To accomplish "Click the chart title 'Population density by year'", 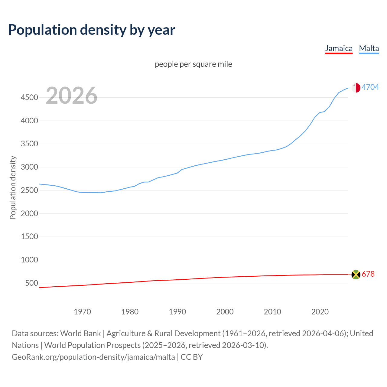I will (92, 30).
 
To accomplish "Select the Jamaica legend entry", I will (339, 48).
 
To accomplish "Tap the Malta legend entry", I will (369, 48).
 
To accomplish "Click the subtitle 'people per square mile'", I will (193, 64).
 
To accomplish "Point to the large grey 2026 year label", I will (72, 96).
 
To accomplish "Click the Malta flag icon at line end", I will (356, 88).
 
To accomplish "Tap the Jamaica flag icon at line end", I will (356, 275).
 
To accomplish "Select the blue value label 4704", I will (370, 87).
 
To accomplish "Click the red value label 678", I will (368, 274).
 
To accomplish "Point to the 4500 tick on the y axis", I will (29, 97).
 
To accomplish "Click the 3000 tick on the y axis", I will (29, 167).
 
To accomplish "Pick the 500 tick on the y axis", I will (31, 283).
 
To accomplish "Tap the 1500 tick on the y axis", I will (29, 236).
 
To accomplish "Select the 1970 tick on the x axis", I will (82, 312).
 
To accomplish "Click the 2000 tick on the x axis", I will (225, 312).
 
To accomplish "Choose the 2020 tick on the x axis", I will (320, 312).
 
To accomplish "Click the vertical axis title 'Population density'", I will (13, 187).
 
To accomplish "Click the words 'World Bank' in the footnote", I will (80, 333).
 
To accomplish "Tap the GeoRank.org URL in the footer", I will (93, 357).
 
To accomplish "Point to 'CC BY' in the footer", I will (192, 357).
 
